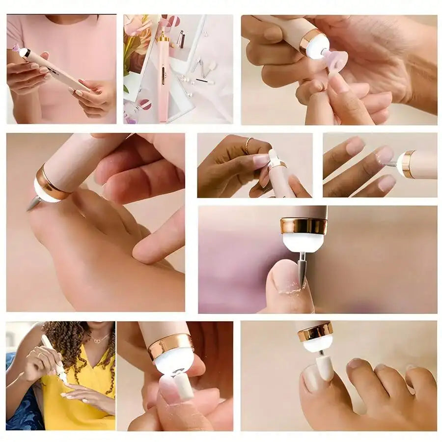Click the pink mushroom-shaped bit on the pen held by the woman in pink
tap(16, 48)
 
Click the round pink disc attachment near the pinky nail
tap(337, 61)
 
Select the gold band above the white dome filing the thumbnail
tap(304, 226)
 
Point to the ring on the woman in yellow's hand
tap(41, 355)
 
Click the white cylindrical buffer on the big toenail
tap(324, 367)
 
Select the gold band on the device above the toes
tap(315, 332)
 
